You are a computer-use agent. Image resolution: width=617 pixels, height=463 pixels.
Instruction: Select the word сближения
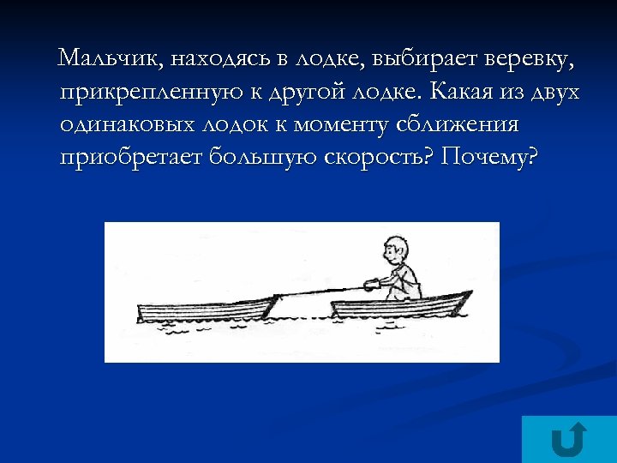pyautogui.click(x=458, y=123)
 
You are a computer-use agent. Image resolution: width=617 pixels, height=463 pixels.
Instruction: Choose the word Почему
pyautogui.click(x=494, y=156)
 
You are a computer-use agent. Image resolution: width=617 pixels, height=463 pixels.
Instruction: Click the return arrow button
pyautogui.click(x=568, y=438)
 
